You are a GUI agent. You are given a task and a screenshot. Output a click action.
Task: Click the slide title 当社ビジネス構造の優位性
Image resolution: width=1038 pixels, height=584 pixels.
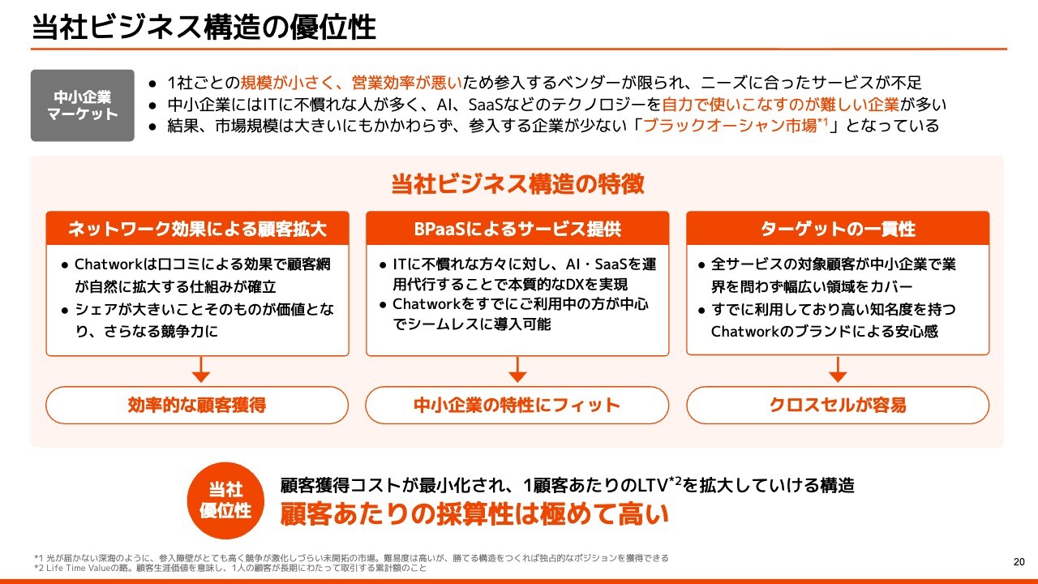tap(204, 27)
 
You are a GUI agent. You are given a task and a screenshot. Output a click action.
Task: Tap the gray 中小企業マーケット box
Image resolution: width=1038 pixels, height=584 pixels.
tap(83, 105)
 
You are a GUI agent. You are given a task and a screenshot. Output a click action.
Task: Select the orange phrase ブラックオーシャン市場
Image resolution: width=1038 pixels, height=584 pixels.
tap(730, 126)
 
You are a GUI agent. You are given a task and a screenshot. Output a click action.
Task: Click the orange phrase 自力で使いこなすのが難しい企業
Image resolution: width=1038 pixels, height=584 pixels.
tap(780, 105)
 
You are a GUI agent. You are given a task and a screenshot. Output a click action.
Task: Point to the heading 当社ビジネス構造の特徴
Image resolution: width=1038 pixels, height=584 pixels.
tap(517, 183)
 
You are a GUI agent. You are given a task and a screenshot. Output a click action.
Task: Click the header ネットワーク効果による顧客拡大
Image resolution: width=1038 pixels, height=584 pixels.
tap(197, 229)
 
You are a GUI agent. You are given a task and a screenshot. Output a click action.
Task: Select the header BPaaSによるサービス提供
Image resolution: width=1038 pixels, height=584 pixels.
tap(517, 229)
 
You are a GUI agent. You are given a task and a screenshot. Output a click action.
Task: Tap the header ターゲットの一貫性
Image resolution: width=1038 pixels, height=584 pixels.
tap(838, 229)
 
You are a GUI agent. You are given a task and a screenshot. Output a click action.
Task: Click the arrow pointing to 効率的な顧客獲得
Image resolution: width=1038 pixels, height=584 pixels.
tap(200, 369)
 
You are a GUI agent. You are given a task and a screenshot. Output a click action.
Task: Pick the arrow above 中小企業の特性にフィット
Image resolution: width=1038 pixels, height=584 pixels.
tap(517, 369)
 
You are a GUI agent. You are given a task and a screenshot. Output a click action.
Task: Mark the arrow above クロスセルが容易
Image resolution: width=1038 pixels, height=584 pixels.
tap(838, 369)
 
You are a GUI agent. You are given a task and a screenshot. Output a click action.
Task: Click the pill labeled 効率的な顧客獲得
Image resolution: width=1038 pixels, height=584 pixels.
tap(197, 405)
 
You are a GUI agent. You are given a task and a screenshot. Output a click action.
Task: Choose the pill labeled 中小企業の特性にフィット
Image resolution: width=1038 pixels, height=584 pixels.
tap(517, 405)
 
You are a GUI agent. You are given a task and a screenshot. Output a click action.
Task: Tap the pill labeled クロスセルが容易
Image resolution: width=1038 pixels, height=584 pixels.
tap(838, 405)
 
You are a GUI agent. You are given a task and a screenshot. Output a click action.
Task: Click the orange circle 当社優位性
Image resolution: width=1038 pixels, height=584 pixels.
tap(225, 500)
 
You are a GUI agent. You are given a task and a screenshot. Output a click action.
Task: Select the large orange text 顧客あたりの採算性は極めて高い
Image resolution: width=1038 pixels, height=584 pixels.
tap(474, 514)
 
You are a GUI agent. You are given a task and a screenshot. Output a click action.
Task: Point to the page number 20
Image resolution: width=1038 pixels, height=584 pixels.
tap(1019, 562)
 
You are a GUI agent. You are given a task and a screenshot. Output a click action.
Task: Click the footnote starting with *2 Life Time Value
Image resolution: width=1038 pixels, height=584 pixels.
tap(230, 568)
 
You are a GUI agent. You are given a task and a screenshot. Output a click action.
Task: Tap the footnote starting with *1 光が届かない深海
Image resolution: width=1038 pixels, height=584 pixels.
tap(351, 558)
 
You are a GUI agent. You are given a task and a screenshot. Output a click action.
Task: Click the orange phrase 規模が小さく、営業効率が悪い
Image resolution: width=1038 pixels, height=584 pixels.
tap(351, 83)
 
